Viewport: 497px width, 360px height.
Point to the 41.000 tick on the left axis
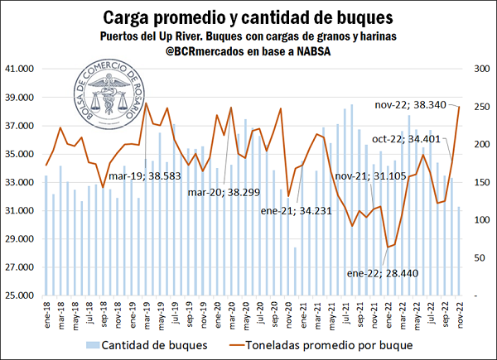click(x=20, y=69)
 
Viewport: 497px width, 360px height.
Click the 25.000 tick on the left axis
click(x=20, y=295)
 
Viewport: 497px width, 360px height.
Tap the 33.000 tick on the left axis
click(x=20, y=182)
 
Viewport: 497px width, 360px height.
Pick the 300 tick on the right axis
click(x=478, y=69)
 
